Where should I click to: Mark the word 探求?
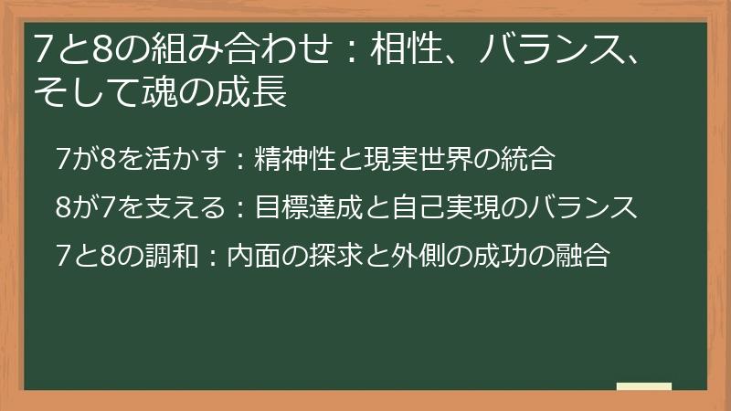[x=312, y=258]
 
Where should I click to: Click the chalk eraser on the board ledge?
[x=643, y=386]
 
